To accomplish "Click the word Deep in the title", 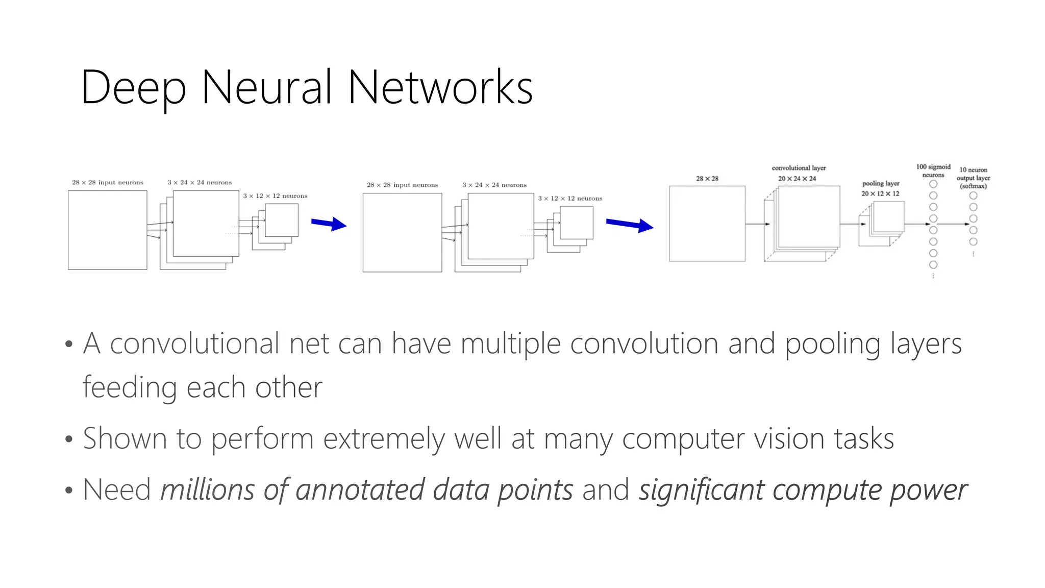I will [x=134, y=88].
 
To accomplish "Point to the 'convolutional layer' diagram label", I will [x=799, y=168].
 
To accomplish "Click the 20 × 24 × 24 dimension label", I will [x=797, y=179].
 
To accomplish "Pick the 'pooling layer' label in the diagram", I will [x=881, y=183].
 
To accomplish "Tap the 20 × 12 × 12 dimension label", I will [x=880, y=193].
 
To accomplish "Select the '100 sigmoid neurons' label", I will [x=933, y=170].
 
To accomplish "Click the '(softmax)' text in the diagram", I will [x=973, y=186].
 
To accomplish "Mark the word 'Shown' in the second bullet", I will [x=125, y=439].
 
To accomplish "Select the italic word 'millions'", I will [x=207, y=490].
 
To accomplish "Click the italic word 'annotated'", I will [x=360, y=490].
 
